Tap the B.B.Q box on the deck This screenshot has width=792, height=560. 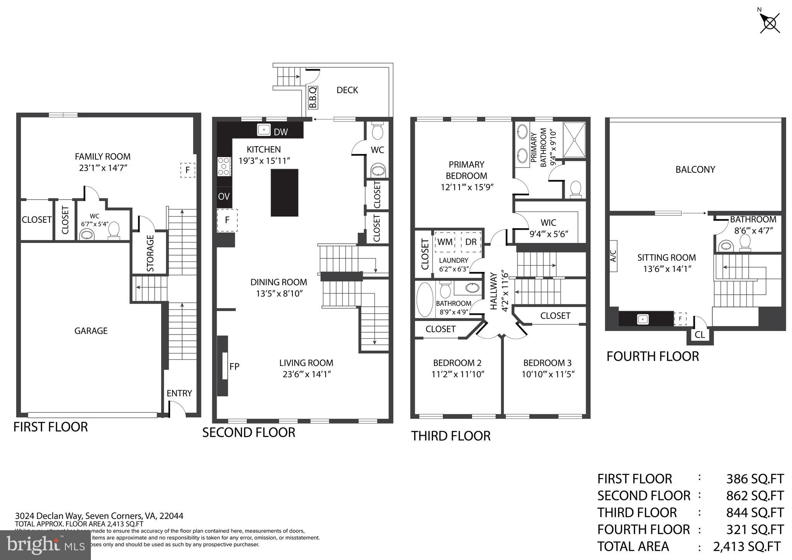click(312, 97)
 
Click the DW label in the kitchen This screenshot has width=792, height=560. click(281, 132)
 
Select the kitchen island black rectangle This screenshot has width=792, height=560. click(284, 193)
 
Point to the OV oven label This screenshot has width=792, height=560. click(224, 196)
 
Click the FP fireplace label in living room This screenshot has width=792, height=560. click(234, 367)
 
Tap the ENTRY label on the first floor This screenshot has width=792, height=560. click(179, 393)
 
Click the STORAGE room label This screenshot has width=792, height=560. click(150, 253)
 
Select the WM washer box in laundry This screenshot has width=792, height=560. click(445, 242)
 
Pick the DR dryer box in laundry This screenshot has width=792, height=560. click(471, 242)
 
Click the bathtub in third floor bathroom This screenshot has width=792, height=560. click(425, 300)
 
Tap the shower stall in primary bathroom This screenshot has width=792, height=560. click(574, 140)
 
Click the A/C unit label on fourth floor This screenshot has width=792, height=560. click(613, 256)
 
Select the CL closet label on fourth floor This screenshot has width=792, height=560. click(700, 335)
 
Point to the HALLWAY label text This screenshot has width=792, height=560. click(494, 291)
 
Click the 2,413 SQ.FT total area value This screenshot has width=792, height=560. click(746, 546)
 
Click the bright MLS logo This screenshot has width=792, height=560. click(45, 545)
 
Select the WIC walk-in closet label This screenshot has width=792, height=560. click(548, 223)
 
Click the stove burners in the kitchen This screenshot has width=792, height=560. click(224, 166)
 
